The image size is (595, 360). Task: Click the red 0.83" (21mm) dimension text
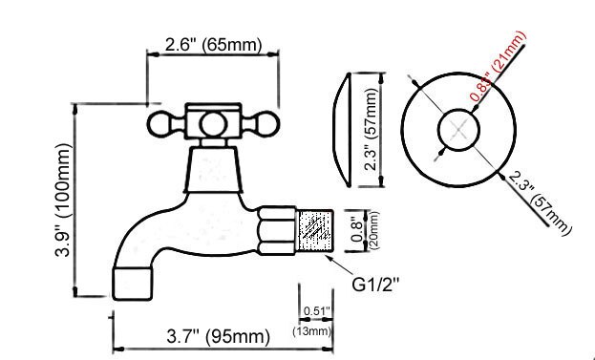(x=498, y=66)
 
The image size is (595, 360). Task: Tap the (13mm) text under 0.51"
(x=311, y=331)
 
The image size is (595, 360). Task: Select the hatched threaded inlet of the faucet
(x=313, y=230)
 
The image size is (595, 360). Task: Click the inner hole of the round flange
(x=456, y=130)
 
